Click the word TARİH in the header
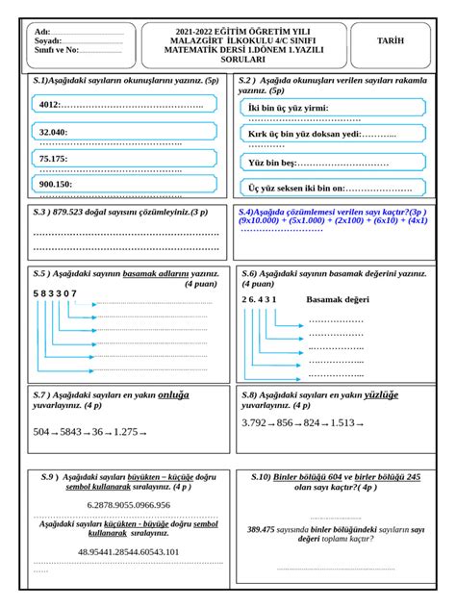pos(392,41)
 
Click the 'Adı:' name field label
pos(41,31)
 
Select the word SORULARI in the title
pos(228,60)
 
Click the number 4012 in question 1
pos(50,104)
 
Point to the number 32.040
pos(53,131)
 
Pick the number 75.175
pos(53,158)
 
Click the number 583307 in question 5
pos(54,292)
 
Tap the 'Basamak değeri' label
pos(337,299)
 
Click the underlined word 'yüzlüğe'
pos(380,394)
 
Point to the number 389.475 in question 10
pos(261,529)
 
